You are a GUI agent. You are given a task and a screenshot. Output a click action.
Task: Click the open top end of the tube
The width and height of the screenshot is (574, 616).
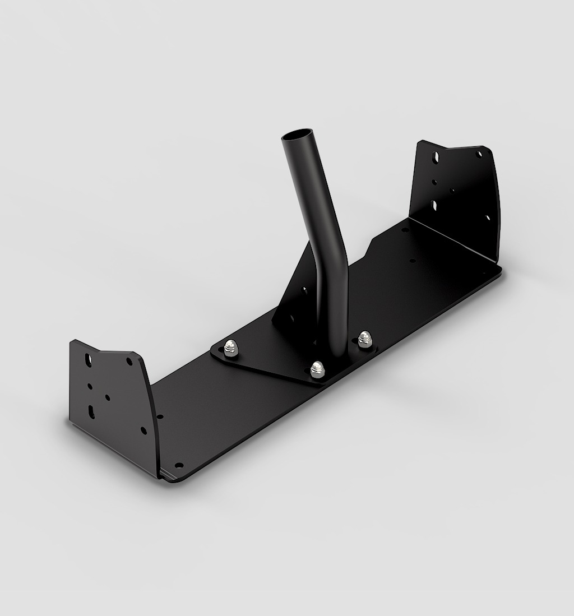(x=297, y=137)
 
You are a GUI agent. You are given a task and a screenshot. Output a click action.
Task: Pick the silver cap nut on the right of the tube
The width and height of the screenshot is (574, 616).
(x=365, y=338)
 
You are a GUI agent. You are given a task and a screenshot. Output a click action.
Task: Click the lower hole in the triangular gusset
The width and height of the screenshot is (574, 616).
(x=291, y=319)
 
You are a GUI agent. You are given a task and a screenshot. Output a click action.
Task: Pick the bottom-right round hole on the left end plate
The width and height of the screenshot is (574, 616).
(x=143, y=430)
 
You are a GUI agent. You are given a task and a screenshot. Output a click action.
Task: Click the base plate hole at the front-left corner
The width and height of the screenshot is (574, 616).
(x=179, y=465)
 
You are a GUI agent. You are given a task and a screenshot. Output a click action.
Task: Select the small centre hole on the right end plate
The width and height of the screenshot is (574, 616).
(x=453, y=191)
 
